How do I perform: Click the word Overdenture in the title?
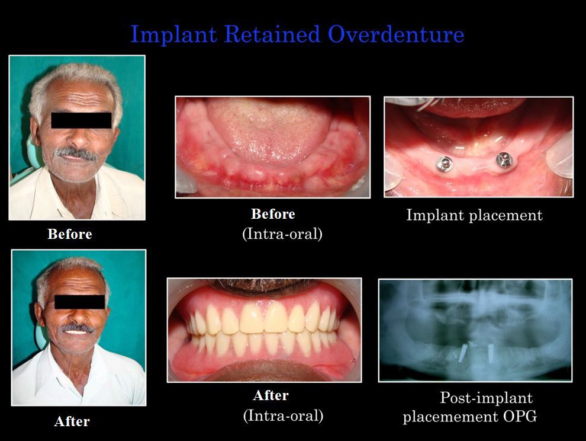tap(396, 34)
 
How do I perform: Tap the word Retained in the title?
tap(272, 34)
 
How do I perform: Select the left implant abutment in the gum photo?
tap(444, 163)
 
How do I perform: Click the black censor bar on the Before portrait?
tap(82, 120)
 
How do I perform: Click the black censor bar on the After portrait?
tap(79, 302)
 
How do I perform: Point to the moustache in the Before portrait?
tap(76, 153)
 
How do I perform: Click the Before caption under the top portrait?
tap(70, 234)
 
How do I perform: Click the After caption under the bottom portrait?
tap(72, 421)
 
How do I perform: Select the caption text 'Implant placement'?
tap(474, 215)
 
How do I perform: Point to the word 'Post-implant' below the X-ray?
tap(486, 398)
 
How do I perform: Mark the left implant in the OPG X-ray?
tap(463, 353)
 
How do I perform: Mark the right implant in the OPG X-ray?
tap(491, 353)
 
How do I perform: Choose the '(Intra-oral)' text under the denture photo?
tap(283, 416)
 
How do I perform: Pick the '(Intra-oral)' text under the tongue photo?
tap(282, 234)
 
